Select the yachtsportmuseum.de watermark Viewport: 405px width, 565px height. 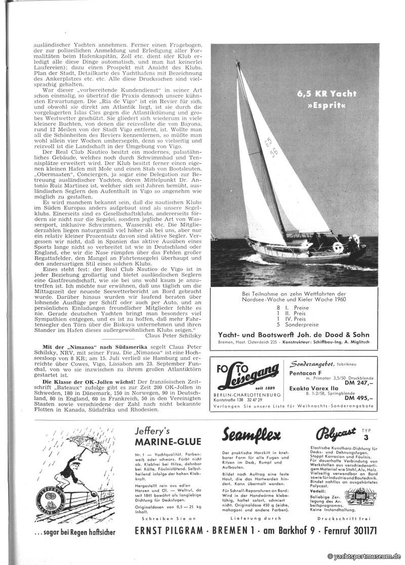tap(364, 556)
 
